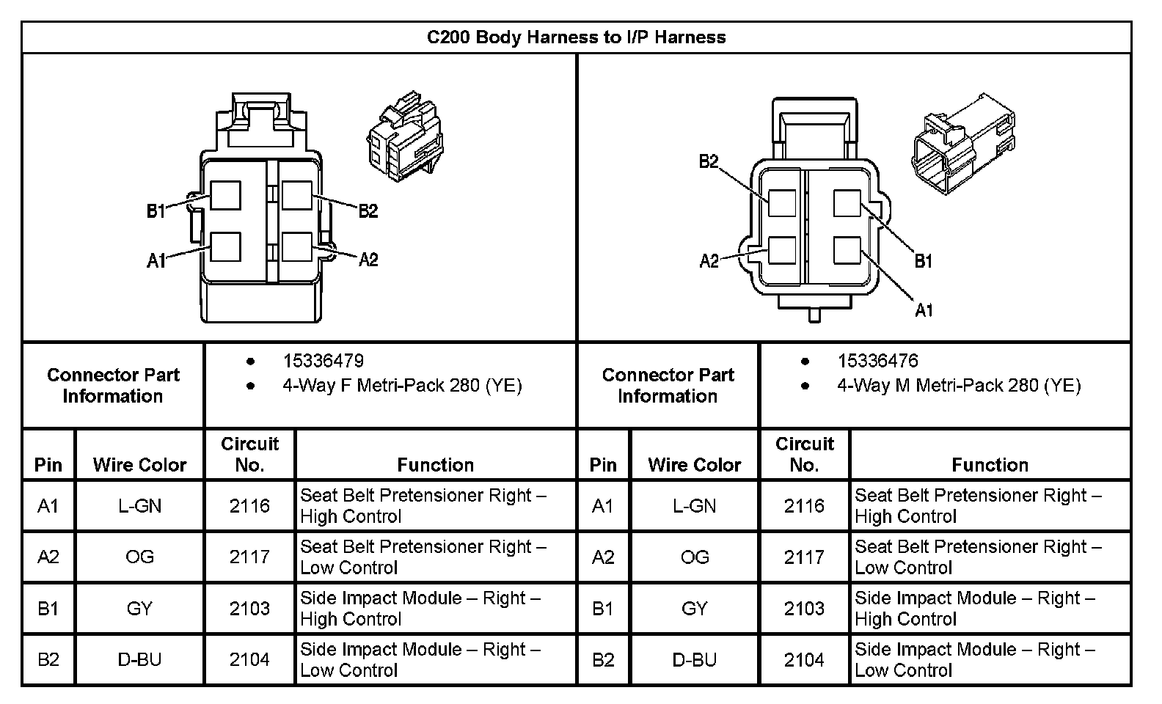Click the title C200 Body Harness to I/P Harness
point(576,37)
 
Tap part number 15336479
point(324,361)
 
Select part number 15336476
point(877,361)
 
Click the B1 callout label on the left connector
point(156,211)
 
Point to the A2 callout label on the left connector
point(368,259)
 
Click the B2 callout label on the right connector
point(709,161)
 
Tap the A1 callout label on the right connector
point(924,310)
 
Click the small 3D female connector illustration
point(405,136)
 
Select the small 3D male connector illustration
point(963,144)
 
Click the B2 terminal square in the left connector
point(296,196)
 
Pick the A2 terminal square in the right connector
point(782,250)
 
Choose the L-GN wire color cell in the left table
point(139,505)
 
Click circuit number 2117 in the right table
point(803,557)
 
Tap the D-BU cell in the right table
point(694,659)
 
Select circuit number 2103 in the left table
point(249,608)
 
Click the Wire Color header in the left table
point(139,465)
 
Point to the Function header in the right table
point(990,465)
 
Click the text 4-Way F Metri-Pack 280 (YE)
point(402,386)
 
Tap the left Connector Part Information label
point(113,385)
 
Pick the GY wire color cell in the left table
point(139,608)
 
